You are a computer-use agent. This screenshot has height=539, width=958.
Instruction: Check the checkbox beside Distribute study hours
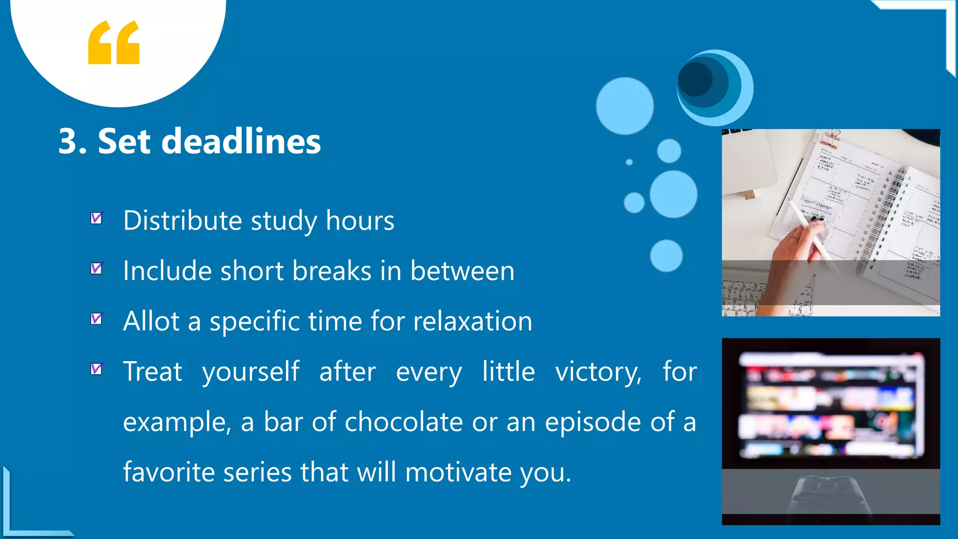(96, 219)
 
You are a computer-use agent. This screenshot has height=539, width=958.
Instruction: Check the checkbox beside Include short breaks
(96, 269)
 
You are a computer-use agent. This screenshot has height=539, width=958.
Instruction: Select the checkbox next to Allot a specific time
(96, 319)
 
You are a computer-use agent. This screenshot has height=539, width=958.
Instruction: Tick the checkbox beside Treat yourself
(96, 369)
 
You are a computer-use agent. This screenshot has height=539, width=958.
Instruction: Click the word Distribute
(182, 220)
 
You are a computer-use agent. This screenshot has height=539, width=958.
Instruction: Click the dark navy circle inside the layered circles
(696, 80)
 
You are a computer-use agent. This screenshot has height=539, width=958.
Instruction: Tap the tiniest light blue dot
(629, 162)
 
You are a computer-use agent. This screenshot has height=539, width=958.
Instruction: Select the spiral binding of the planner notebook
(879, 215)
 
